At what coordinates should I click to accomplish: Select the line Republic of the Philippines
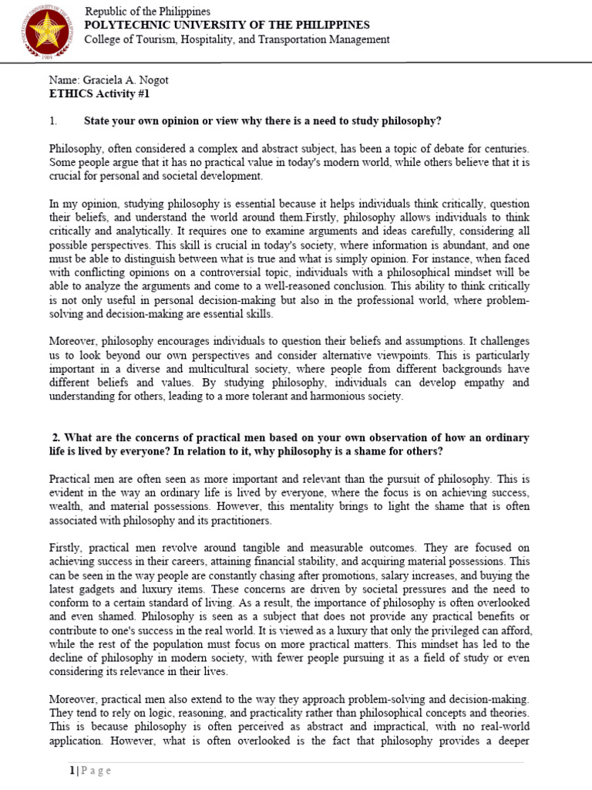tap(147, 12)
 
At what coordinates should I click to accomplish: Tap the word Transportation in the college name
tap(301, 39)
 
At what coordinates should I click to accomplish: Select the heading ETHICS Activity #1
tap(99, 93)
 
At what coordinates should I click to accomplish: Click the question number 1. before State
tap(54, 121)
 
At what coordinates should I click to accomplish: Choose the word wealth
tap(67, 507)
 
